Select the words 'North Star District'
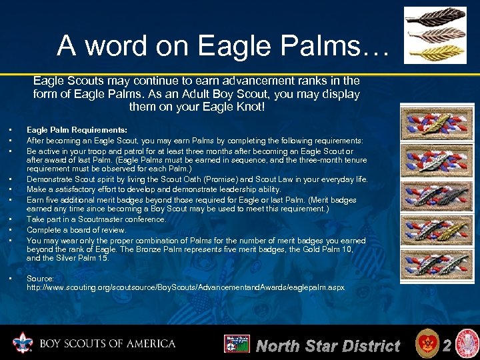tap(327, 345)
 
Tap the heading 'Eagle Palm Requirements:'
tap(77, 131)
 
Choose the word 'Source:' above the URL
tap(40, 278)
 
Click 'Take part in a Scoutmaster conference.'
tap(97, 219)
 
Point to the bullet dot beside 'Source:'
tap(11, 278)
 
